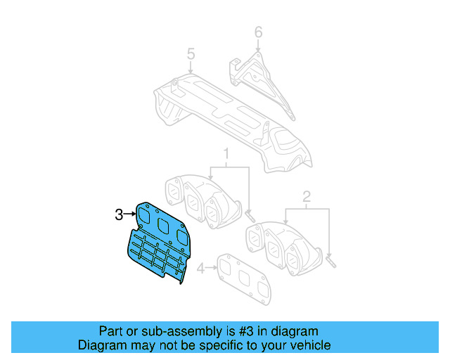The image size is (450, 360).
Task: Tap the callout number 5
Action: (190, 54)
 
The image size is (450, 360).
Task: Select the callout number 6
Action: (257, 32)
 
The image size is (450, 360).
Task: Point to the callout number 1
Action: (226, 153)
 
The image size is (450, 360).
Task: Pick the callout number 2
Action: (306, 196)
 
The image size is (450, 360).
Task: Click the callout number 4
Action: (200, 268)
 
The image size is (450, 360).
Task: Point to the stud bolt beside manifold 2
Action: (331, 262)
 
